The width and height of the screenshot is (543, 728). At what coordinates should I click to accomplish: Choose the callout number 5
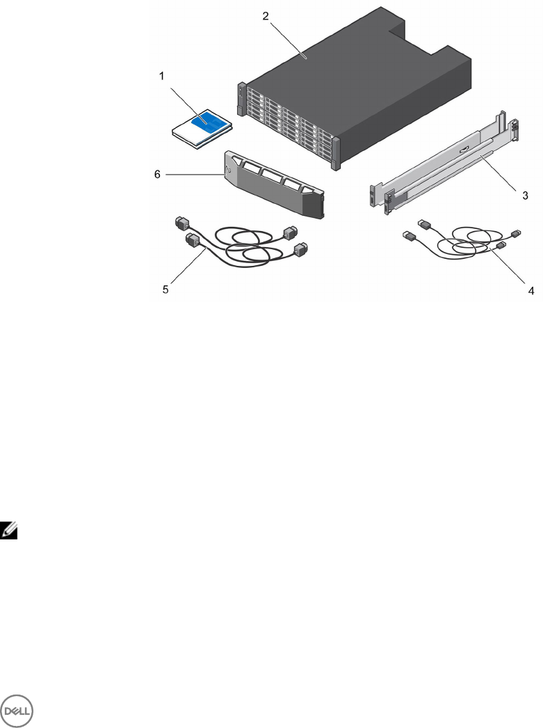[165, 290]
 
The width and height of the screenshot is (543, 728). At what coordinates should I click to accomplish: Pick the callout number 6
[158, 175]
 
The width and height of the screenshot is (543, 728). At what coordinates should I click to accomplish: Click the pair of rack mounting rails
[445, 167]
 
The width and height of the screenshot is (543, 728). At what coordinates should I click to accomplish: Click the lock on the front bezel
[228, 167]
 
